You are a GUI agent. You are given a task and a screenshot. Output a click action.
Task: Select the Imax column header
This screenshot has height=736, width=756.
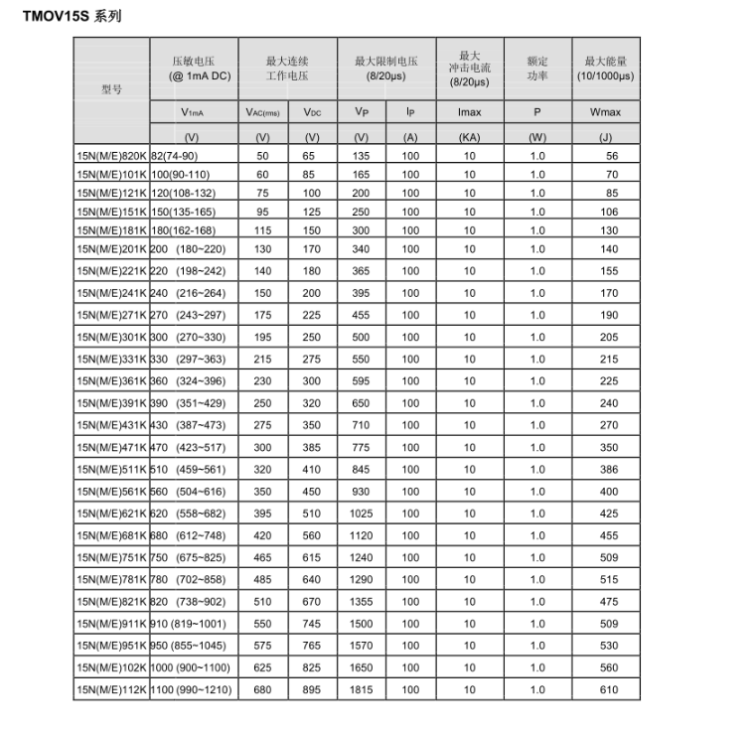click(x=469, y=113)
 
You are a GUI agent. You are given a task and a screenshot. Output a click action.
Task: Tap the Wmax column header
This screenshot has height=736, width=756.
click(x=605, y=113)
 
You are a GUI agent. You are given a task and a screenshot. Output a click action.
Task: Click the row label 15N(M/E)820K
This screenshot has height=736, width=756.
click(x=111, y=157)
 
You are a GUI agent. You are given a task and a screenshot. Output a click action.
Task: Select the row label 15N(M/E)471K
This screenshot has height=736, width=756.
click(x=111, y=448)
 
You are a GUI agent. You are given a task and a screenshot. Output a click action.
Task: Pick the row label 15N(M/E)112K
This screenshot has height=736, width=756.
click(x=111, y=689)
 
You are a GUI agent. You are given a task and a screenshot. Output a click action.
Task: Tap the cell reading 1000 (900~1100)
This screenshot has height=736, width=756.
click(x=191, y=667)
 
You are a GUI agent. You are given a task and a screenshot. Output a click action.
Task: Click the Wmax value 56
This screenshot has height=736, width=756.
click(x=612, y=157)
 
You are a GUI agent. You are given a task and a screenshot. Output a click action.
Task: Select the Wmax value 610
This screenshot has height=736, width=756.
click(x=609, y=689)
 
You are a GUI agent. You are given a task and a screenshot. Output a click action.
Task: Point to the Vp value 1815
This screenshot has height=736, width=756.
click(x=362, y=689)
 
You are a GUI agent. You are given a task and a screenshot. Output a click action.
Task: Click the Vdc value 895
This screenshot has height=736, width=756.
click(x=312, y=689)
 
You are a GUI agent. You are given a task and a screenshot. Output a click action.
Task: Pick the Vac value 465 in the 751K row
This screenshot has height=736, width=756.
click(x=263, y=557)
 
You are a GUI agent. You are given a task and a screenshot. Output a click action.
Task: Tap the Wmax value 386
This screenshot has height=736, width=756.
click(x=609, y=470)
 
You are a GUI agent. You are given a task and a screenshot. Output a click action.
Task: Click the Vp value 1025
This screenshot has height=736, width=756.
click(x=362, y=514)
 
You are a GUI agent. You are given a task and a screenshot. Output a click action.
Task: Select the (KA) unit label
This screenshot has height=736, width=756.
click(x=469, y=137)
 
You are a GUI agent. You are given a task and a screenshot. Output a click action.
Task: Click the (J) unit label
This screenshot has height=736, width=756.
click(x=605, y=137)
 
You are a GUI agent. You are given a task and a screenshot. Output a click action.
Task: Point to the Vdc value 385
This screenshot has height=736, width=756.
click(x=312, y=448)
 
